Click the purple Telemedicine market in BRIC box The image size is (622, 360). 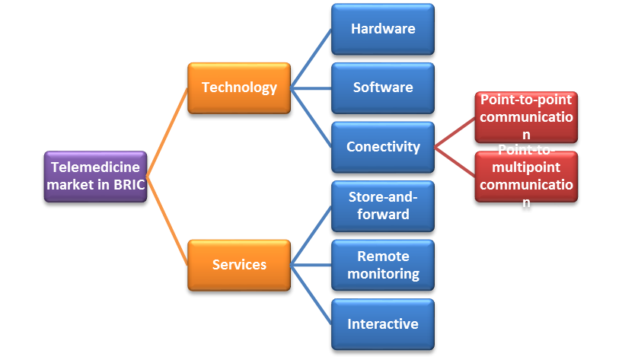95,176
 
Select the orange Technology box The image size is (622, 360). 239,88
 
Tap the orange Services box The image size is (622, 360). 239,265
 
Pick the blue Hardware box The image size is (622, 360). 383,29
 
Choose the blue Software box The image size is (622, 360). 383,88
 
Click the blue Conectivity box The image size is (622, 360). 383,147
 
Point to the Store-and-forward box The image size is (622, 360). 383,205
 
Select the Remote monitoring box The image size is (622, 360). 383,265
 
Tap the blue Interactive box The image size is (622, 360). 383,324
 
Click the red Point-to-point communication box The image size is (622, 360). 526,117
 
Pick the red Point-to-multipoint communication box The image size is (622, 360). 526,177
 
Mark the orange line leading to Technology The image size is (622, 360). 167,132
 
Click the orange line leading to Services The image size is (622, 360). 167,221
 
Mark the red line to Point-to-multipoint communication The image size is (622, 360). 455,162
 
